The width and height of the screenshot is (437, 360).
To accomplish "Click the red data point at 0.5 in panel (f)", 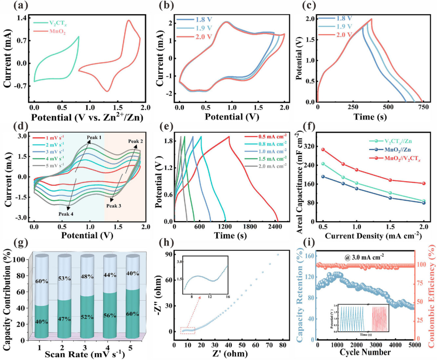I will pyautogui.click(x=323, y=149).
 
